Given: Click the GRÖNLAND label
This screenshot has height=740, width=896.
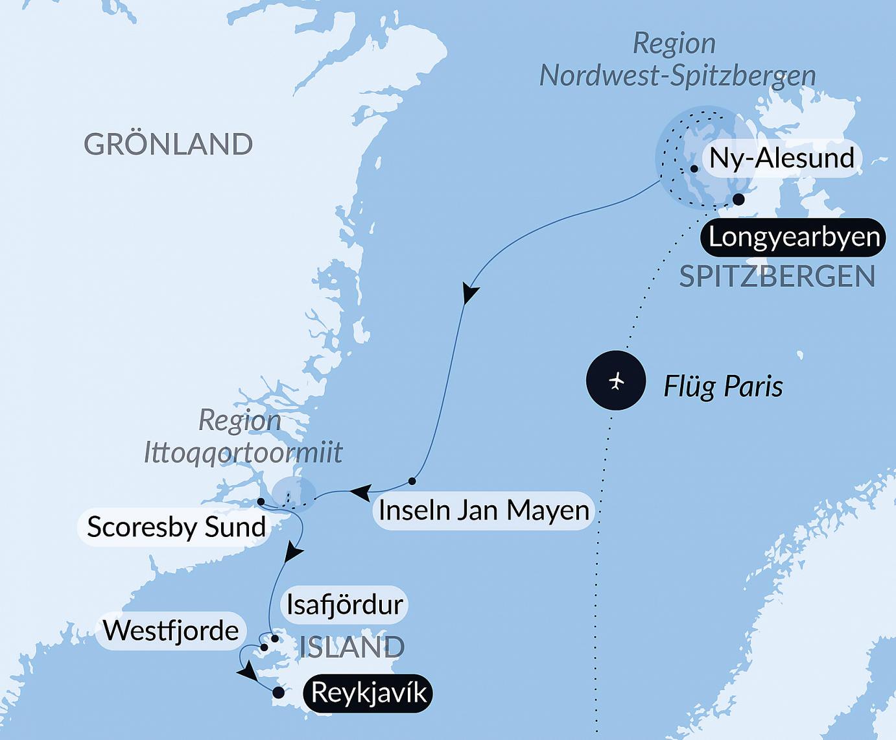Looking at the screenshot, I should [168, 144].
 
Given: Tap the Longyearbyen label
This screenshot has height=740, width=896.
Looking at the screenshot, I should [794, 237].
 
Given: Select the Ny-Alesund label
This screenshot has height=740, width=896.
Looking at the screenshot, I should [782, 158].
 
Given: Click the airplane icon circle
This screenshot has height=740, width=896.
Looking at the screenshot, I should [616, 381].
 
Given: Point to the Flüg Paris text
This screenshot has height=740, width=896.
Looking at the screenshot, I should [723, 387].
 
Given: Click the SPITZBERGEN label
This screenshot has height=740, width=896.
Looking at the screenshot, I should [777, 277].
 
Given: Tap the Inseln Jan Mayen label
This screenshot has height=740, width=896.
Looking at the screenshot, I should [484, 510].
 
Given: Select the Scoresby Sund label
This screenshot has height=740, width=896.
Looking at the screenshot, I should [176, 527].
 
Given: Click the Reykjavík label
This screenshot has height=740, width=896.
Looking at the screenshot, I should [368, 693].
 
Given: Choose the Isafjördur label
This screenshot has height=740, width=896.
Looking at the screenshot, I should [345, 604].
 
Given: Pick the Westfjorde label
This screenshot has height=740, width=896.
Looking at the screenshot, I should [171, 630].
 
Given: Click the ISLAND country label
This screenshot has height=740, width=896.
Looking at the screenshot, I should [352, 647].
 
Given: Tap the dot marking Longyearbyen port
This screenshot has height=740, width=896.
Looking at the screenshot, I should [738, 199].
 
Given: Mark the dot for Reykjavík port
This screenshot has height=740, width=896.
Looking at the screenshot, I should [278, 693].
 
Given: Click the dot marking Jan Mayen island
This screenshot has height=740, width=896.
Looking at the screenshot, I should [412, 481].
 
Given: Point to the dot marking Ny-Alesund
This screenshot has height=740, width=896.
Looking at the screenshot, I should [694, 169].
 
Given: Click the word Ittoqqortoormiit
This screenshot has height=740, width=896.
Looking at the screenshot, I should [242, 452].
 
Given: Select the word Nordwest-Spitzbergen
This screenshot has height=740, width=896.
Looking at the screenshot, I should [678, 76].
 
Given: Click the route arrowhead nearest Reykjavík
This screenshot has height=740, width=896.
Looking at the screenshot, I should [247, 674].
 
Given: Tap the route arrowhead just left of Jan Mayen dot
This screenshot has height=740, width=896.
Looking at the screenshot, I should [360, 492].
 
